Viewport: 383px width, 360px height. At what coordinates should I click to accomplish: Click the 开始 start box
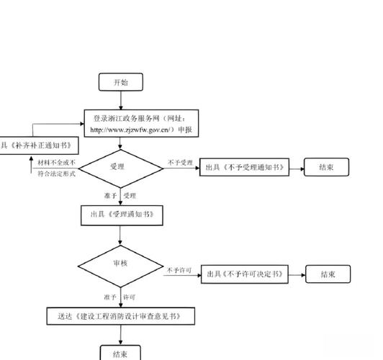(120, 82)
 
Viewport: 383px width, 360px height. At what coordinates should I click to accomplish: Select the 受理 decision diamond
(120, 168)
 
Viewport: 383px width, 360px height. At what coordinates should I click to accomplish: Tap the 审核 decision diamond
(120, 264)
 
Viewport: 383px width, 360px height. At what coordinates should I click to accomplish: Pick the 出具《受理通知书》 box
(121, 214)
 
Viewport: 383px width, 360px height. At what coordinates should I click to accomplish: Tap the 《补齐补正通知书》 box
(36, 145)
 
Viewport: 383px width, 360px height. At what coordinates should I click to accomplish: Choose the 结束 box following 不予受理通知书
(326, 168)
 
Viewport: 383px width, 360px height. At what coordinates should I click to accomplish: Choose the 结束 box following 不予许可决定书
(328, 274)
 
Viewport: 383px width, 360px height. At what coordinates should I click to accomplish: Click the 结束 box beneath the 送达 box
(120, 353)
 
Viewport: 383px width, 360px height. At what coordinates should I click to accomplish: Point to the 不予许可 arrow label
(179, 269)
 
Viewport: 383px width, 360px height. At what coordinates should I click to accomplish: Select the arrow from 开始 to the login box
(120, 100)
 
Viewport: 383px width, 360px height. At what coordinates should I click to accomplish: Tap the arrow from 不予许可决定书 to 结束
(297, 274)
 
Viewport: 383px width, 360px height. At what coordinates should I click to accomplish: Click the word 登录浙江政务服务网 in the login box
(127, 118)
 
